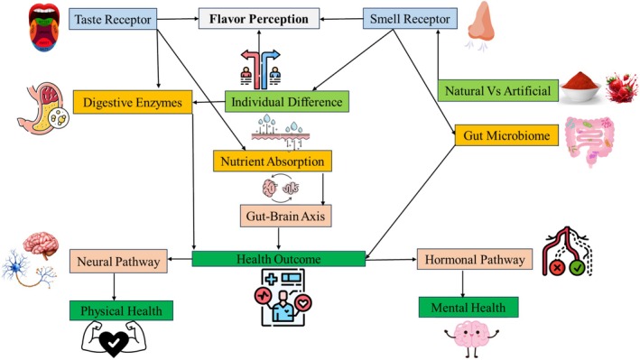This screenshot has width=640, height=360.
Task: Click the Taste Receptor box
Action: pyautogui.click(x=113, y=17)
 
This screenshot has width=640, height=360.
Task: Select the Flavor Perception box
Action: pyautogui.click(x=260, y=17)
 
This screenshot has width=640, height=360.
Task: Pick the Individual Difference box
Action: pyautogui.click(x=285, y=101)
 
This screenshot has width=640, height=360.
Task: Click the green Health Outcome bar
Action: pyautogui.click(x=279, y=259)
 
